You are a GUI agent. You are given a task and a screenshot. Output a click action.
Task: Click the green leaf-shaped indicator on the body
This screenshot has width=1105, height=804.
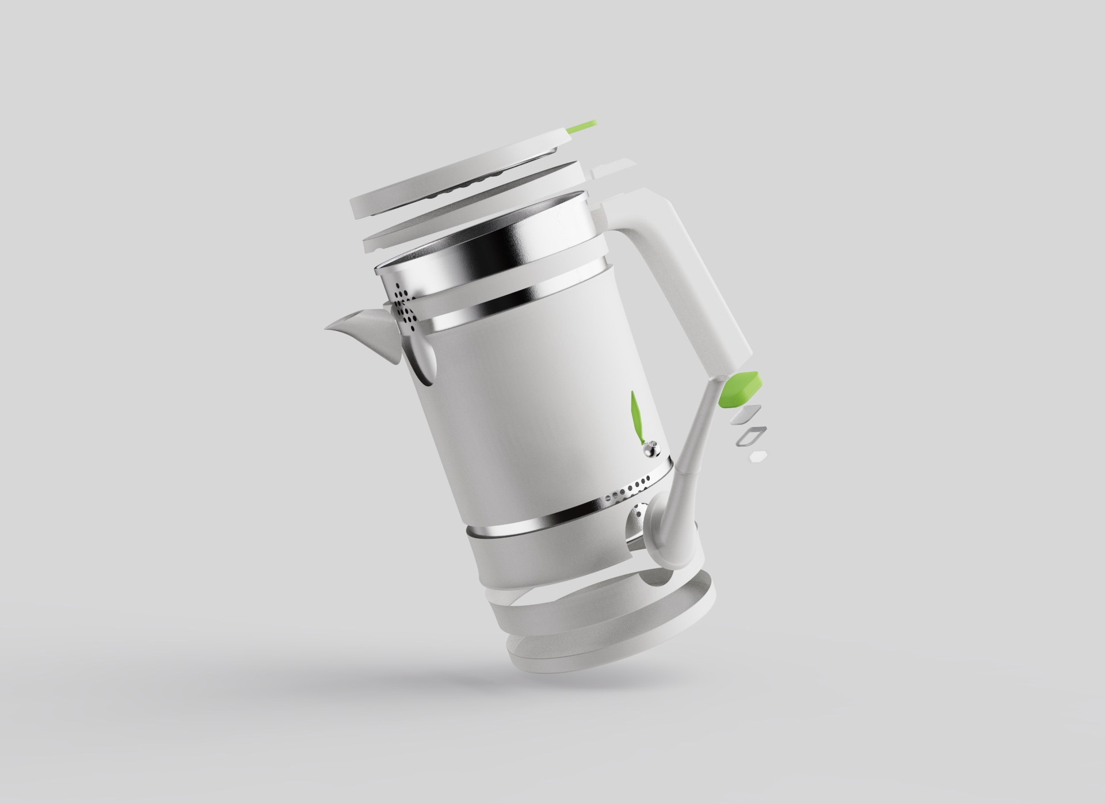(636, 414)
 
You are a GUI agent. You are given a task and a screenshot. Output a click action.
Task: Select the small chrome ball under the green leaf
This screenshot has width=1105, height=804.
(651, 448)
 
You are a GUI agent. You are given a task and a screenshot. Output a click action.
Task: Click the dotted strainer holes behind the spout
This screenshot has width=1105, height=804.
(404, 308)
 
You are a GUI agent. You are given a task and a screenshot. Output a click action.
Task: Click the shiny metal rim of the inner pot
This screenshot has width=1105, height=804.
(495, 242)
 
